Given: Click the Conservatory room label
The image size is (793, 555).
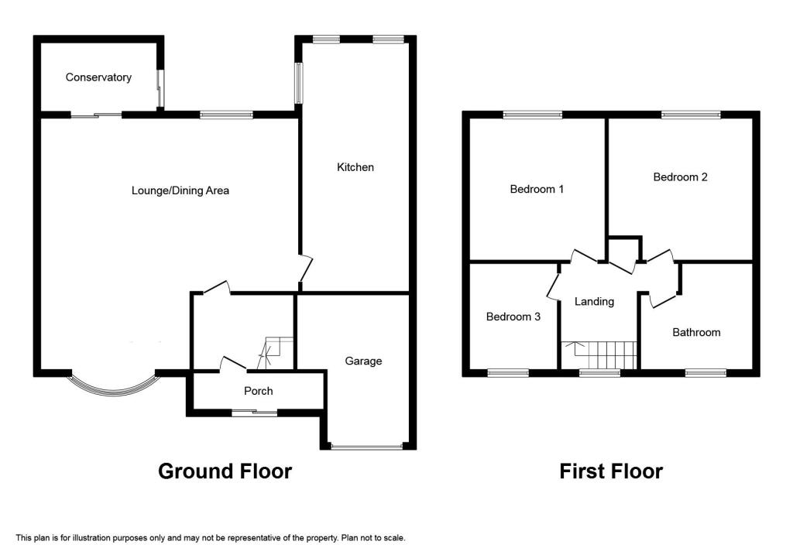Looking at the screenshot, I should pos(98,77).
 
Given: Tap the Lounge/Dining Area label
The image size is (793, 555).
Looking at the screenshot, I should pos(180,190).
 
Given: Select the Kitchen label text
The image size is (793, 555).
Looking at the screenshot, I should pos(355,167).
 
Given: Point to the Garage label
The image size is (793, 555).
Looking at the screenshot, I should pos(363,361).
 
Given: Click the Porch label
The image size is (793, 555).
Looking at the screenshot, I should pos(258,391).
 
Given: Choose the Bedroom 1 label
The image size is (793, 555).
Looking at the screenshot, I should pos(537,189).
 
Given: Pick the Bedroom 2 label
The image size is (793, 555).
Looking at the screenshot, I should pos(680,176).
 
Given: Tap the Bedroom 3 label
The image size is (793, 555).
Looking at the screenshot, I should pos(513,317).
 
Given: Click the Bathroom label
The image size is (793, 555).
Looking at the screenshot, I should pos(695,332).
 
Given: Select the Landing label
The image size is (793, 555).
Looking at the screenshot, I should pos(594,301).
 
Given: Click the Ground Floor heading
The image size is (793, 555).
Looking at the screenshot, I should pos(225,471).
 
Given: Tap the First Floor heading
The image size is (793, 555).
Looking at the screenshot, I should pos(611,471).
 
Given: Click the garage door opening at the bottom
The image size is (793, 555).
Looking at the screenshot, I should pos(366,447).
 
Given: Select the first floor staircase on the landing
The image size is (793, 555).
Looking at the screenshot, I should pos(599,355).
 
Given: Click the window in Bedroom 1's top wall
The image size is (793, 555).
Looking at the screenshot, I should pos(533,115).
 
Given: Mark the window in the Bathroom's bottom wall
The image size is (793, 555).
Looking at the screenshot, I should pos(705,372).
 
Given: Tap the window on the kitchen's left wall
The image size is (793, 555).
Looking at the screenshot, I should pos(298,83).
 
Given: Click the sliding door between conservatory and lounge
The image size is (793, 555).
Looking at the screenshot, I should pos(97,115).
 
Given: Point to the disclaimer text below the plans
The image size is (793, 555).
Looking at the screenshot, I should pos(211,537).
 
